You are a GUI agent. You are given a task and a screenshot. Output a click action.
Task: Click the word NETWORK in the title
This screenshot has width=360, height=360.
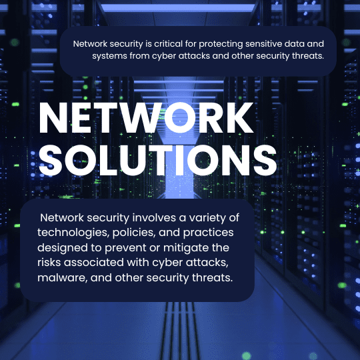pos(146,118)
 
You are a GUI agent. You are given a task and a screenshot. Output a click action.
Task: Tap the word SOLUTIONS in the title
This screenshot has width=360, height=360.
pos(158,160)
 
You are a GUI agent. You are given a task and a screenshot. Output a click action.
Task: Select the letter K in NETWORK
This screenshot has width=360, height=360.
pos(239,118)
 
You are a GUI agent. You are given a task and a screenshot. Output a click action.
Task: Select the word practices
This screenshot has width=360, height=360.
pos(208,233)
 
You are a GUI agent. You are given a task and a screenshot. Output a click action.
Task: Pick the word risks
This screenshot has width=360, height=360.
pos(49,263)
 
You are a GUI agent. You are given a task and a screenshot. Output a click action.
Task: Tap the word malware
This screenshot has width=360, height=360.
pos(63,278)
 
